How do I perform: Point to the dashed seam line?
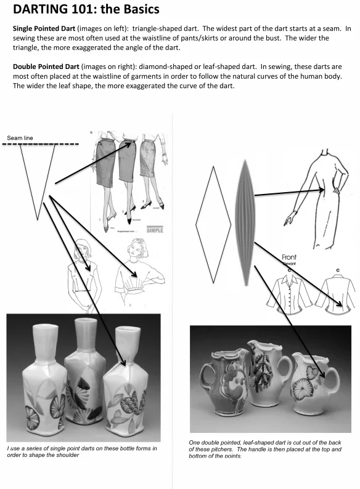point(43,145)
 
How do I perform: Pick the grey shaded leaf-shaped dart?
point(244,222)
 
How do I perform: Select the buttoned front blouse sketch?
point(288,290)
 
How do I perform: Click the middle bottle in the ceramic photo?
point(82,376)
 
